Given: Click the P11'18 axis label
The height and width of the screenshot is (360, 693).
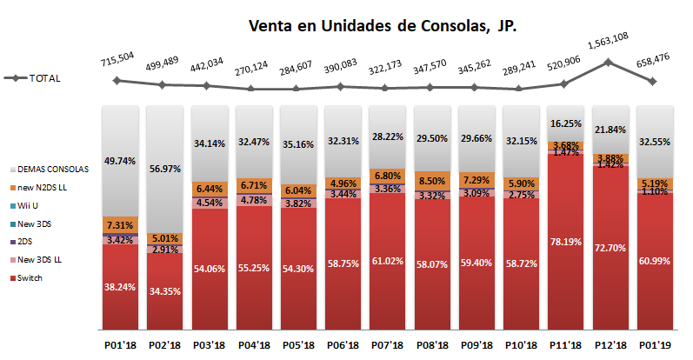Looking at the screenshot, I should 563,345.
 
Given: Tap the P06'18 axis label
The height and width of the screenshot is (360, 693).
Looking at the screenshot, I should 341,345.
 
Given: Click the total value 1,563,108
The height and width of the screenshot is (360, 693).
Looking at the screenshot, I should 608,38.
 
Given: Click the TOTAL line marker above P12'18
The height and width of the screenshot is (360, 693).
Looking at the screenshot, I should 608,62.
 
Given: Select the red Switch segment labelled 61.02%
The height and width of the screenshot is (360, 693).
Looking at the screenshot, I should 385,261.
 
